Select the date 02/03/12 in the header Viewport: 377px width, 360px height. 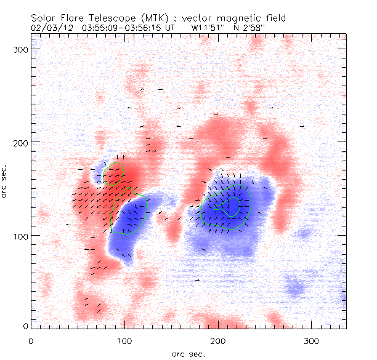(47, 28)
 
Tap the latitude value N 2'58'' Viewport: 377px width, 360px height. (253, 28)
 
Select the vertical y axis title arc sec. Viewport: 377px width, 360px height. (6, 182)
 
